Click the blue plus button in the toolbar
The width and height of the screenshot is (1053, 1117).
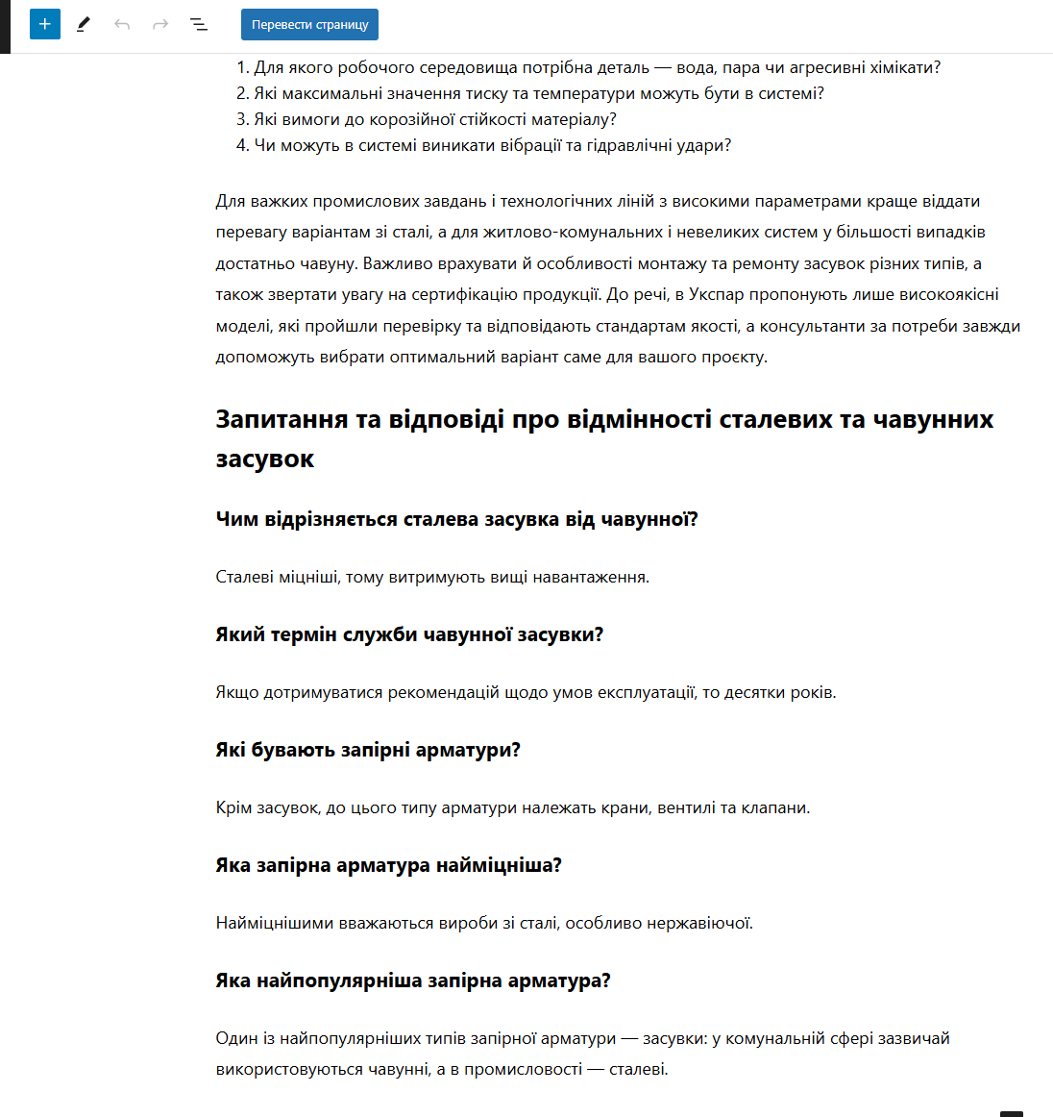click(45, 24)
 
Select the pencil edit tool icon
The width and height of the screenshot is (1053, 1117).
click(84, 24)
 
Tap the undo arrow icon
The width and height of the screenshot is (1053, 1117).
click(122, 24)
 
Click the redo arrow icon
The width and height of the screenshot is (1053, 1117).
click(160, 24)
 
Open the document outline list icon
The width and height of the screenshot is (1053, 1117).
click(199, 24)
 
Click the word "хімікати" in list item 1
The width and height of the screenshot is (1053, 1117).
click(904, 67)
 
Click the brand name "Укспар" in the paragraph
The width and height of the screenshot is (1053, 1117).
click(716, 294)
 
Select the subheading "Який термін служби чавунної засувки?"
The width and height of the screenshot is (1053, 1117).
click(409, 634)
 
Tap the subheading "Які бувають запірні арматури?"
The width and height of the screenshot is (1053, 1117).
click(368, 750)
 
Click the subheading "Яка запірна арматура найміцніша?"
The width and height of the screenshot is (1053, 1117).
click(388, 865)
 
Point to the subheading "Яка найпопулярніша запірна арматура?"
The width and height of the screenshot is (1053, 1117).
click(413, 980)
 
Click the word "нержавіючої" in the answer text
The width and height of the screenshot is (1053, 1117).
click(704, 923)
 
